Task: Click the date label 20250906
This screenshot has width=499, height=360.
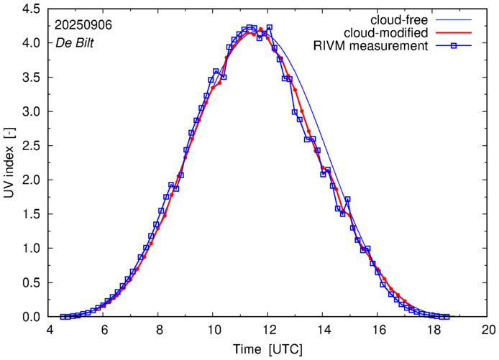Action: click(x=83, y=24)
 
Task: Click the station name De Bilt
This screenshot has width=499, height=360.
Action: click(x=75, y=42)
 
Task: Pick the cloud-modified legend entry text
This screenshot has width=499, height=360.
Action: click(x=387, y=32)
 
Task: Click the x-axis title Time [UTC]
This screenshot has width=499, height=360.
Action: click(x=267, y=350)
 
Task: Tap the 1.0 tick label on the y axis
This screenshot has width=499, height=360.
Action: click(x=29, y=249)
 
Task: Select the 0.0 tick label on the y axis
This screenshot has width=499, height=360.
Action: click(x=29, y=317)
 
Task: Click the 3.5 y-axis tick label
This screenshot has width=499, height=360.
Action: click(x=29, y=78)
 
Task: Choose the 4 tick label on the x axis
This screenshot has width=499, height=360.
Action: click(x=49, y=331)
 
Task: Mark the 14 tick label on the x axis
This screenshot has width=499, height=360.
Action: click(x=323, y=331)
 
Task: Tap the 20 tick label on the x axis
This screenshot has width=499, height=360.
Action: click(x=488, y=331)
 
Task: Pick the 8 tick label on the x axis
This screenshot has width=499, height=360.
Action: click(x=159, y=331)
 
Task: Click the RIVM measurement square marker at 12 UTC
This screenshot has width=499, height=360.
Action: click(x=269, y=28)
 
